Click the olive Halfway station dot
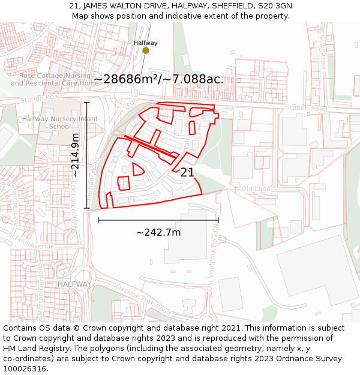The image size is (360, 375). point(146,50)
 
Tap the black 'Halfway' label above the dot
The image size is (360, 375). point(146,43)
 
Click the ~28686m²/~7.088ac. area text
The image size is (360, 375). point(158,79)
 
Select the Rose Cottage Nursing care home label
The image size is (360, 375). point(55,79)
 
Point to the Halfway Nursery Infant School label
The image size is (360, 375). point(59,122)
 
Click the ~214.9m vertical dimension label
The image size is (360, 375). point(75,155)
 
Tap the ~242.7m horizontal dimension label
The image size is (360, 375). point(158,232)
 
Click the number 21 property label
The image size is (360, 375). point(187,172)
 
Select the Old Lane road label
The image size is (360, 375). point(256,189)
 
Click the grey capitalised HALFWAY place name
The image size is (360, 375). point(75,284)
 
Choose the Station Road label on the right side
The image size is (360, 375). point(306,108)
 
